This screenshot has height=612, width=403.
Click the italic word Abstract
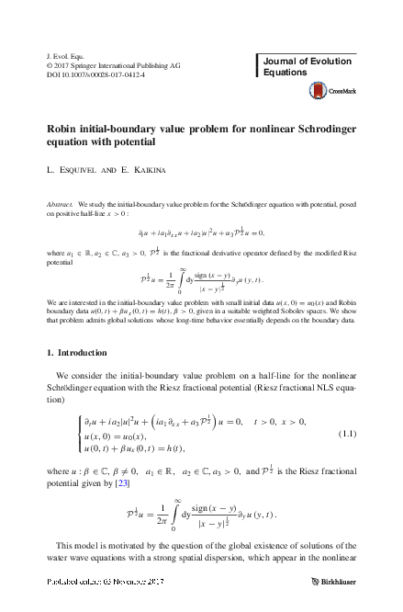(x=60, y=201)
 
